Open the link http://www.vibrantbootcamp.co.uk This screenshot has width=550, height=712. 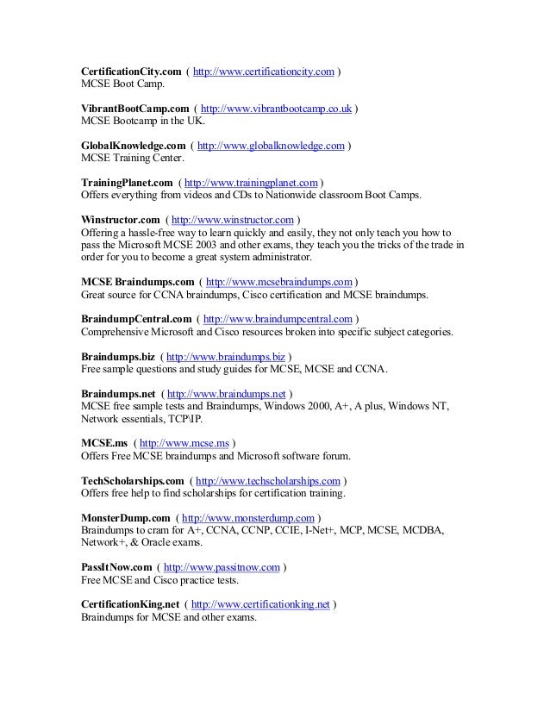[277, 109]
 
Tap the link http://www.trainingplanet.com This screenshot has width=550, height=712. [252, 184]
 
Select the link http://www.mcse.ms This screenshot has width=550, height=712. [183, 444]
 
